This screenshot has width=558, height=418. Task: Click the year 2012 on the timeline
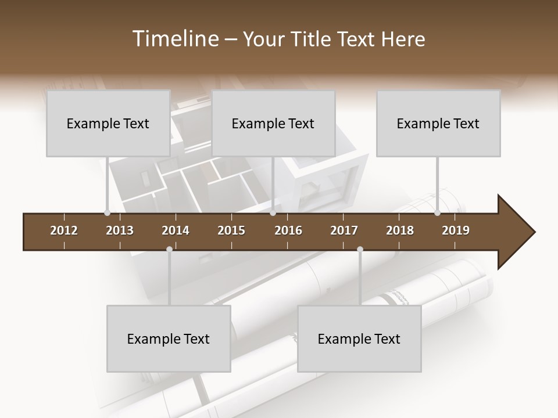(64, 230)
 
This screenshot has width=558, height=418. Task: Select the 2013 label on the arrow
(120, 230)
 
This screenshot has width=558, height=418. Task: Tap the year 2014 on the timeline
(176, 230)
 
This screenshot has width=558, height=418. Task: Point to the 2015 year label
(231, 230)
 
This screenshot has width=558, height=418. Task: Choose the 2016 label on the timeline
(288, 230)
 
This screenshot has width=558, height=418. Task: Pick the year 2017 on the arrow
(344, 230)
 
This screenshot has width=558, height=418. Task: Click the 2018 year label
(400, 230)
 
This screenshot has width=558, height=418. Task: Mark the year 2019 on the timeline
(456, 230)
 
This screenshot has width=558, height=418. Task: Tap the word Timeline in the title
(174, 39)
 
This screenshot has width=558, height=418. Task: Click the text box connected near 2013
(108, 123)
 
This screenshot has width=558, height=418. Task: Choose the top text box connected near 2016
(273, 123)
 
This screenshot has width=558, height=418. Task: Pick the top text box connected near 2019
(438, 123)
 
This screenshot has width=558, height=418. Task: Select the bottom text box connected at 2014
(169, 338)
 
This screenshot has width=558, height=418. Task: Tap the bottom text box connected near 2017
(359, 338)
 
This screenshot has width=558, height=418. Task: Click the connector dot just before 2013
(107, 213)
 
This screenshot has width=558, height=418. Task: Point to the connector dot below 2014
(169, 249)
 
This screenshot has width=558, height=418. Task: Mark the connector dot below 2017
(360, 249)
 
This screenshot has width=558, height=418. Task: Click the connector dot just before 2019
(437, 213)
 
